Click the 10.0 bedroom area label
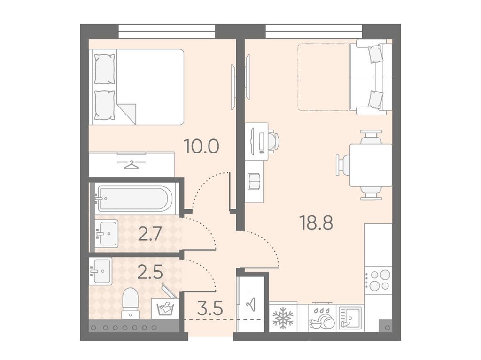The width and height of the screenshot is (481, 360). click(x=201, y=146)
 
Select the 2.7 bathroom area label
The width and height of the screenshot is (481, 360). click(x=150, y=234)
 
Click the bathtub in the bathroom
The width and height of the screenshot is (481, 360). click(x=133, y=198)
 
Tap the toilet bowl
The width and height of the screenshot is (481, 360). click(x=130, y=303)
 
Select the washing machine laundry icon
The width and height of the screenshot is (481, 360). click(x=165, y=308)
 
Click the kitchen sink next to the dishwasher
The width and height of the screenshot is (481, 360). click(x=350, y=318)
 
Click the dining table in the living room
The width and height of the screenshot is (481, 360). click(x=371, y=165)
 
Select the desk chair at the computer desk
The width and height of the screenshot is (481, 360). click(x=273, y=140)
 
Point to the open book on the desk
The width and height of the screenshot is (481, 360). click(x=254, y=182)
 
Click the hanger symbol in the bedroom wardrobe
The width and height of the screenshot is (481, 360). click(x=132, y=165)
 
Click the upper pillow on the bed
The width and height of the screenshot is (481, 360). click(x=105, y=69)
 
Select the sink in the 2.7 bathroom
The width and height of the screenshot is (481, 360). click(x=106, y=233)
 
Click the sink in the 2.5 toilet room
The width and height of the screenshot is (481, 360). click(x=101, y=271)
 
